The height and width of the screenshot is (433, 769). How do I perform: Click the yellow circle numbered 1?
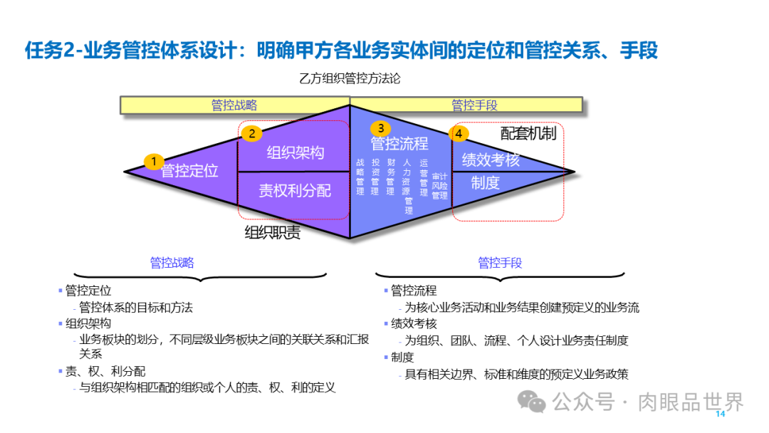(x=153, y=162)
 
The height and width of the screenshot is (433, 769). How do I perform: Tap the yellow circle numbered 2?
(x=251, y=133)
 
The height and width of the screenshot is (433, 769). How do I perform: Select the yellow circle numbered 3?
(x=381, y=128)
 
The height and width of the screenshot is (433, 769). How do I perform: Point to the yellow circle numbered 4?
(x=459, y=133)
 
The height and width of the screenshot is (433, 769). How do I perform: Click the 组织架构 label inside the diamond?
(x=295, y=152)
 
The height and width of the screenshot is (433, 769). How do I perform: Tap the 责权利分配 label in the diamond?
(x=295, y=190)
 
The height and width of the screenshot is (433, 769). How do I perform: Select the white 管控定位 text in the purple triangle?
(x=189, y=171)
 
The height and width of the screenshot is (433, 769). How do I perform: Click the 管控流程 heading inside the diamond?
(x=399, y=144)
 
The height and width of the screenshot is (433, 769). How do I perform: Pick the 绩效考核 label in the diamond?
(x=491, y=160)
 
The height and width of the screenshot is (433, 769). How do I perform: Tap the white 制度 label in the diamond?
(x=485, y=183)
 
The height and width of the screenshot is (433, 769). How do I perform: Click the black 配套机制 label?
(x=528, y=133)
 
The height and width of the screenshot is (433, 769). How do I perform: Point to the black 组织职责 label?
(x=273, y=233)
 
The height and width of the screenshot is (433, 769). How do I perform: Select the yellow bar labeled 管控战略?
(x=234, y=105)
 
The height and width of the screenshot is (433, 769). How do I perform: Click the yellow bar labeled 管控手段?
(x=474, y=105)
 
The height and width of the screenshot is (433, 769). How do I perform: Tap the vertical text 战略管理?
(x=360, y=177)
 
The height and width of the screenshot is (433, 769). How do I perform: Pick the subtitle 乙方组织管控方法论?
(x=350, y=78)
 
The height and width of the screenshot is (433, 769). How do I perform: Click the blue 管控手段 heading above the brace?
(x=500, y=263)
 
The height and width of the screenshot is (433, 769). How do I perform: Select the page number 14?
(x=719, y=414)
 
